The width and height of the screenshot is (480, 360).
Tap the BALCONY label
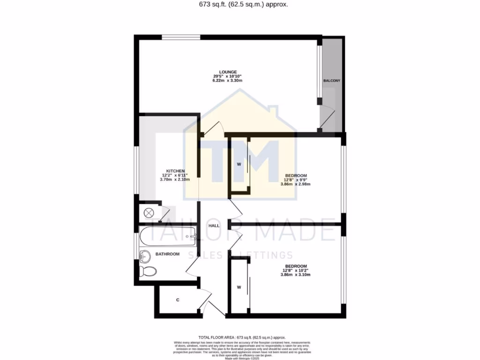(332, 81)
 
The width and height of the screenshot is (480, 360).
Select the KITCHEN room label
(175, 171)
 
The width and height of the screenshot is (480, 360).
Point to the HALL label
(214, 226)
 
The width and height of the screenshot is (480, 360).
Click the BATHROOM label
(168, 254)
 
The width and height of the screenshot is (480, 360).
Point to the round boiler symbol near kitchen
(148, 213)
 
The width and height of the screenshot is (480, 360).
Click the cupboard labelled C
(178, 300)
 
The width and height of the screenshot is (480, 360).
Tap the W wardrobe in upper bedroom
(239, 165)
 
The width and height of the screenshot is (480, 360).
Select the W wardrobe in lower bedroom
(239, 287)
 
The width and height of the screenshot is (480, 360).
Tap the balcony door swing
(328, 118)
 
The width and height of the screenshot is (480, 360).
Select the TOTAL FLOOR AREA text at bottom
(242, 337)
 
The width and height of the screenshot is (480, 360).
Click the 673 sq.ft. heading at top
(240, 5)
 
